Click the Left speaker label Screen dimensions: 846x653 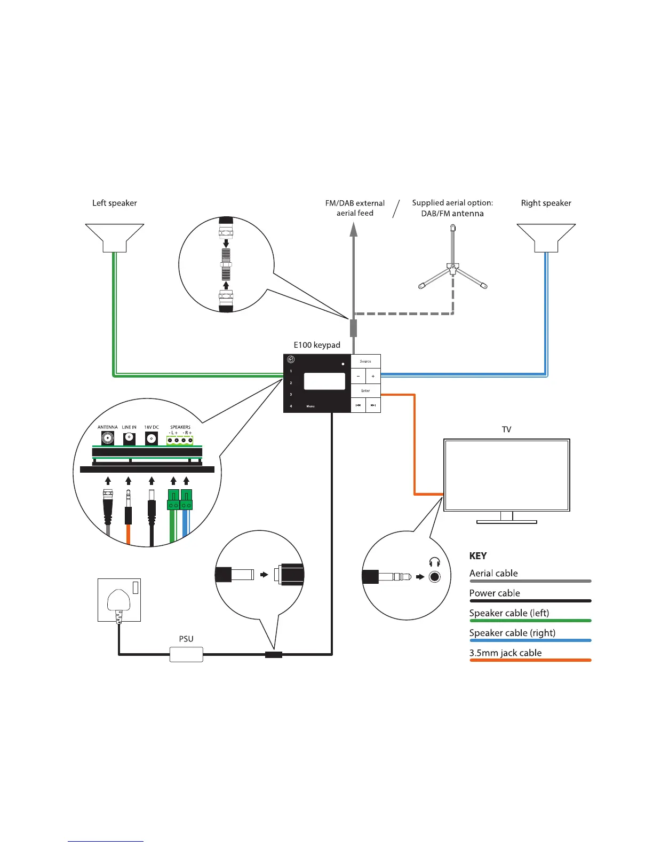point(115,203)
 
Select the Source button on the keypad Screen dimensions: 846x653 point(365,361)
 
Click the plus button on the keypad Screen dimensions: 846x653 point(373,376)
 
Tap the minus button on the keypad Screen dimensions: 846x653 point(358,376)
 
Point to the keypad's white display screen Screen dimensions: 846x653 point(324,381)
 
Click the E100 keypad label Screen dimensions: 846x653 point(317,345)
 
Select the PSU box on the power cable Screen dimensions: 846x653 point(186,654)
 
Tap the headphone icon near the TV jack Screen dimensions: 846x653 point(435,562)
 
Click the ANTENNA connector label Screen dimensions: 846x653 point(107,427)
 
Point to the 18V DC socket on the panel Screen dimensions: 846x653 point(152,439)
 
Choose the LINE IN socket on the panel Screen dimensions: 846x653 point(129,439)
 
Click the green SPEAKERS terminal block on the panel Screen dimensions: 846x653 point(180,440)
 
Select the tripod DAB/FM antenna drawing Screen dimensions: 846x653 point(452,262)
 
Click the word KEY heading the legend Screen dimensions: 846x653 point(478,556)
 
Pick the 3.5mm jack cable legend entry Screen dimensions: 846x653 point(505,653)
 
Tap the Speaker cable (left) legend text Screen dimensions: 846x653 point(509,613)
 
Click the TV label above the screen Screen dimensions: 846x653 point(506,429)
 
